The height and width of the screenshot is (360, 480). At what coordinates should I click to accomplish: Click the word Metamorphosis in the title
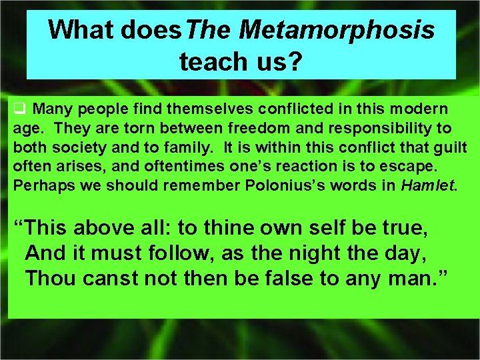pos(336,29)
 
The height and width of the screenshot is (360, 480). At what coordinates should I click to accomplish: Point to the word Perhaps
pos(37,185)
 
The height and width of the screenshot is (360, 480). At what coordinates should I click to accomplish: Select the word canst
pos(115,279)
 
